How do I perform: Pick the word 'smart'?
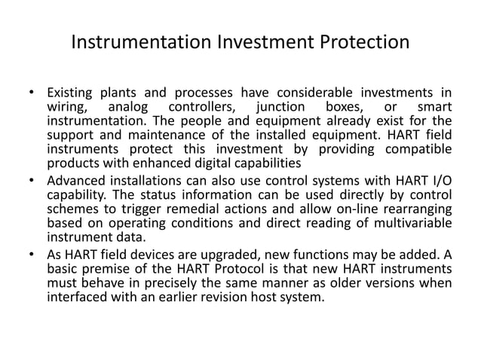[434, 108]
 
